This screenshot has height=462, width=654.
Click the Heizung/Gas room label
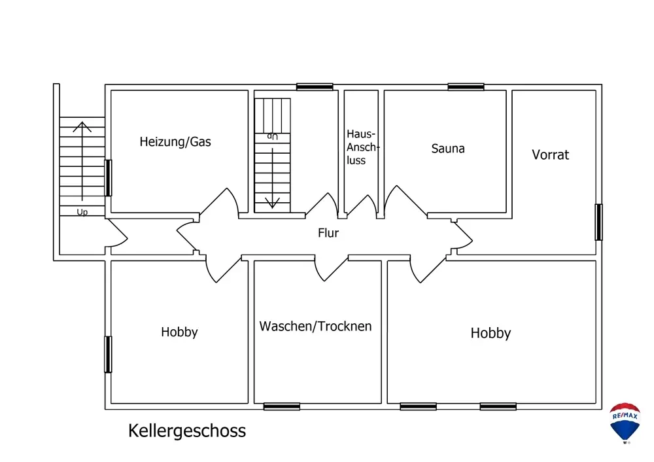[175, 142]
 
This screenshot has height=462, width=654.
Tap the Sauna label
[448, 149]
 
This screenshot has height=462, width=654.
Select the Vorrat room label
[550, 155]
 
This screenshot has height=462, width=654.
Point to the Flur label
[328, 233]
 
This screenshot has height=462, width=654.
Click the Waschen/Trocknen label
[315, 327]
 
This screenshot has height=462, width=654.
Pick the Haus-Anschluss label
[362, 147]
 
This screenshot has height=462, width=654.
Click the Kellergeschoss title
[187, 431]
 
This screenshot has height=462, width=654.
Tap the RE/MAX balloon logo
[625, 423]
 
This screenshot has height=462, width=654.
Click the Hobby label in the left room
[179, 332]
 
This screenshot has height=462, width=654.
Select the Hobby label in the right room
[490, 333]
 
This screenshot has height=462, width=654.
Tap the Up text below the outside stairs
[82, 213]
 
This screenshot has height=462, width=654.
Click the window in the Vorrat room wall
[598, 222]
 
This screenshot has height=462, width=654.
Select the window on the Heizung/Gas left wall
[108, 178]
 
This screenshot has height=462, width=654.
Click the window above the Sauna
[466, 87]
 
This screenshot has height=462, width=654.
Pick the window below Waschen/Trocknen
[281, 406]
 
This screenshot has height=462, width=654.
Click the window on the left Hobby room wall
[108, 354]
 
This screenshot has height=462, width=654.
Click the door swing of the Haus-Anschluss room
[362, 205]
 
